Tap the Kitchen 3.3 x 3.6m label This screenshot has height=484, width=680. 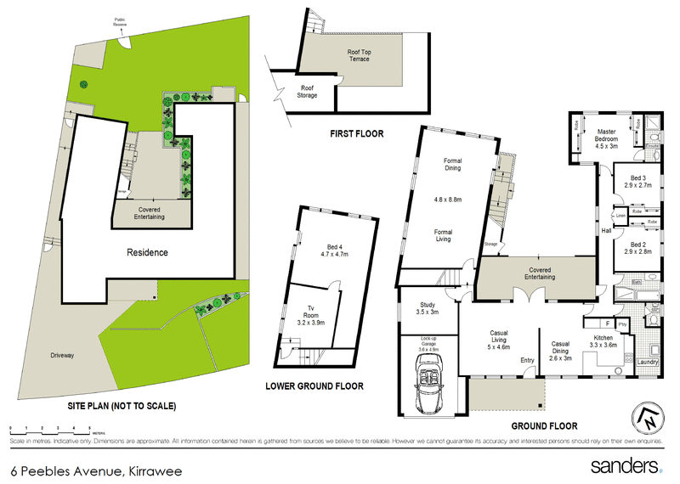pos(609,342)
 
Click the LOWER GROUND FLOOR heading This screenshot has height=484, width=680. pos(314,386)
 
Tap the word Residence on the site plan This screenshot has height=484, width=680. pos(147,252)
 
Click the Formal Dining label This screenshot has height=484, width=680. pos(446,164)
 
